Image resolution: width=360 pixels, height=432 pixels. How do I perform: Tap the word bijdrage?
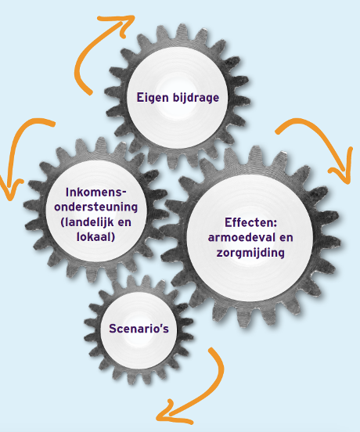(x=196, y=98)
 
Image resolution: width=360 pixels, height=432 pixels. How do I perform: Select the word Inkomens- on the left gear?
(x=95, y=192)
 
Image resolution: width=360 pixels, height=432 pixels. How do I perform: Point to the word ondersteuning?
(x=95, y=207)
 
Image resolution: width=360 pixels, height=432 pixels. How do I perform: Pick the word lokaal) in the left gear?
(x=95, y=237)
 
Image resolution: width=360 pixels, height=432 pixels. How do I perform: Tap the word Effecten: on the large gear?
(x=250, y=222)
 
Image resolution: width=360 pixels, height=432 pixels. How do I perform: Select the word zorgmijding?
(x=250, y=253)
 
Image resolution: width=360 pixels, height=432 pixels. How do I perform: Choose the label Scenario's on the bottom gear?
(x=139, y=329)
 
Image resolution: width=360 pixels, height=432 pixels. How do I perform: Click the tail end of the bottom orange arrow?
(x=211, y=350)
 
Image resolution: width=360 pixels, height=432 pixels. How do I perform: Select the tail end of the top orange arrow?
(x=89, y=93)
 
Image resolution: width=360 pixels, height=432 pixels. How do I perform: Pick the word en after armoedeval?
(x=286, y=238)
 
